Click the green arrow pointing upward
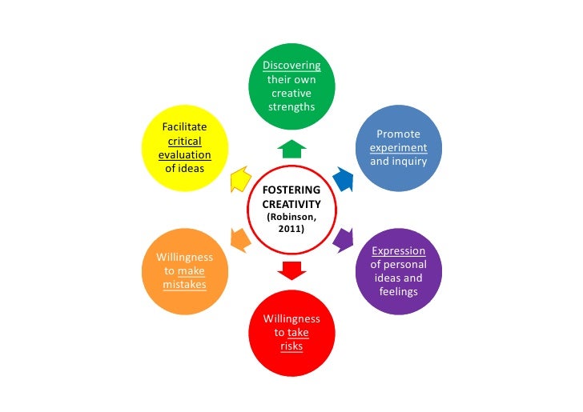point(291,148)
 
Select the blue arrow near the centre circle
point(342,178)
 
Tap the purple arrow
point(343,238)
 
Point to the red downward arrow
point(291,270)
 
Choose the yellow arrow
point(239,180)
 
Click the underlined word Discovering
point(291,66)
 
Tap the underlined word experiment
point(398,148)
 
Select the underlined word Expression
point(398,250)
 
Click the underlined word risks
point(291,346)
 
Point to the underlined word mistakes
point(184,285)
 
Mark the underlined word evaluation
point(184,154)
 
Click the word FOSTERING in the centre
point(291,190)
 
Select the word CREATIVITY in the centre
point(291,204)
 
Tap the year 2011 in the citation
point(291,230)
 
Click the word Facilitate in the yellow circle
point(184,126)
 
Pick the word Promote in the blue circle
point(398,134)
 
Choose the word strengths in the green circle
point(291,107)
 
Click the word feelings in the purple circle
point(398,291)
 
